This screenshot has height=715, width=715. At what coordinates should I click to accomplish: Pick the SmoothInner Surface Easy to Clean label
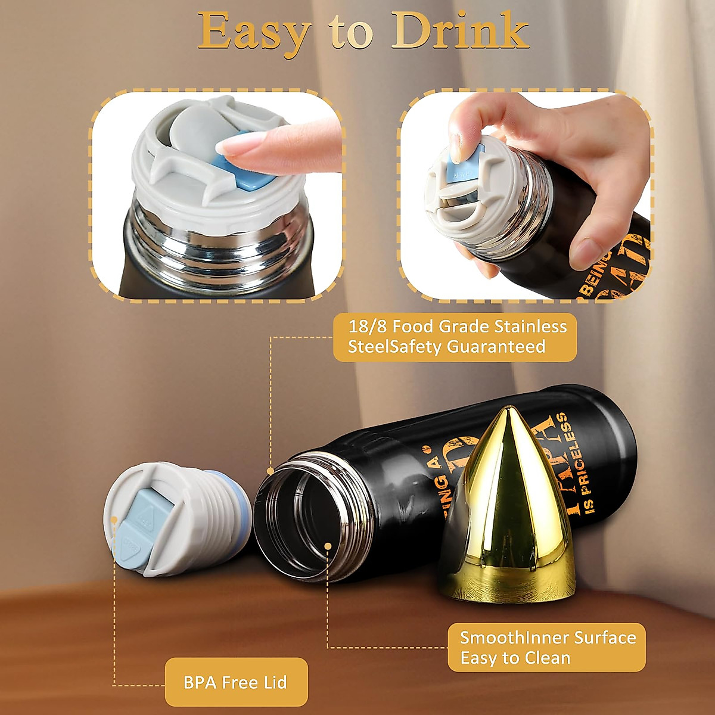click(547, 648)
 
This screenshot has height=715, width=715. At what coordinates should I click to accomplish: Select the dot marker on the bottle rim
click(271, 471)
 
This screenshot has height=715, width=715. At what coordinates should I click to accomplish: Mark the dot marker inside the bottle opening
click(328, 545)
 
